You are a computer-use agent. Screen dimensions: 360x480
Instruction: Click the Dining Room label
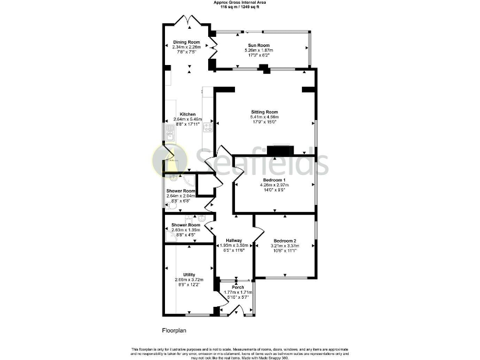186,41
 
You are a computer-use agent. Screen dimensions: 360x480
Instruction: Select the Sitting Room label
264,112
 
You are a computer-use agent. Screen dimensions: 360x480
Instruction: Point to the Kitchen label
187,114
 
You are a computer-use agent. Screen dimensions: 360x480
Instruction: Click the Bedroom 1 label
274,180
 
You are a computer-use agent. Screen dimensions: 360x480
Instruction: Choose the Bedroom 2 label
285,241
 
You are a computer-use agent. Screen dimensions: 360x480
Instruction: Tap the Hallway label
234,241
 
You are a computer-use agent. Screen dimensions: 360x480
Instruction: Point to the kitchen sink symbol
169,133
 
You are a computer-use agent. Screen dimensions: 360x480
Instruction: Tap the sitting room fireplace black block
279,150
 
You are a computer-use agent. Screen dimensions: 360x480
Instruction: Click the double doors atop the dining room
189,20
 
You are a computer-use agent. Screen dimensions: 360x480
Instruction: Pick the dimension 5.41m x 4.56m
264,117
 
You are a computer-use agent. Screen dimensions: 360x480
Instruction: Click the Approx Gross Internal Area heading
240,2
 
